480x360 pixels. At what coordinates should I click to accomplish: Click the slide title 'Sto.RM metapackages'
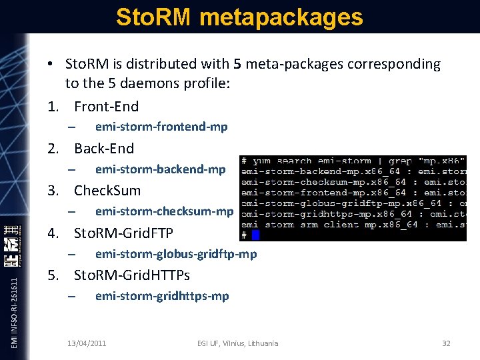coord(239,17)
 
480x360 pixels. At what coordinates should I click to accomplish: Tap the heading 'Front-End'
coord(107,107)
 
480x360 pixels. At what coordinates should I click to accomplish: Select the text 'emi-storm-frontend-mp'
coord(161,127)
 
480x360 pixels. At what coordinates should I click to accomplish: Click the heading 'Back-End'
coord(104,149)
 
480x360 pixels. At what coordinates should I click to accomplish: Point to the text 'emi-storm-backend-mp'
coord(161,169)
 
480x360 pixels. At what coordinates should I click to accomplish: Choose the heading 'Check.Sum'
coord(107,191)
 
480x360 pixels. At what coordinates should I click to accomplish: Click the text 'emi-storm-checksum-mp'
coord(165,211)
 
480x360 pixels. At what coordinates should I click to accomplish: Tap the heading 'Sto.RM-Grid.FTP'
coord(123,233)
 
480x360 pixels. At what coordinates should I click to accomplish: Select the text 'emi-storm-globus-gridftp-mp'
coord(176,254)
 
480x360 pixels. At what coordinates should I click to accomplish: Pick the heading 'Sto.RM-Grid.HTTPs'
coord(132,275)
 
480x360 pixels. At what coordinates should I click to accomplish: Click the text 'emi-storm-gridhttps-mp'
coord(162,296)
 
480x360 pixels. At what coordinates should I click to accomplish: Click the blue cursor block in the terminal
coord(255,235)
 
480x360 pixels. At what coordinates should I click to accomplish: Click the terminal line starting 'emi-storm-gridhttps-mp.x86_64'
coord(353,214)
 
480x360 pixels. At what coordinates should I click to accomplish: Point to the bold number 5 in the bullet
coord(237,65)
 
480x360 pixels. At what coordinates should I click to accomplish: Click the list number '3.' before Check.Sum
coord(55,191)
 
